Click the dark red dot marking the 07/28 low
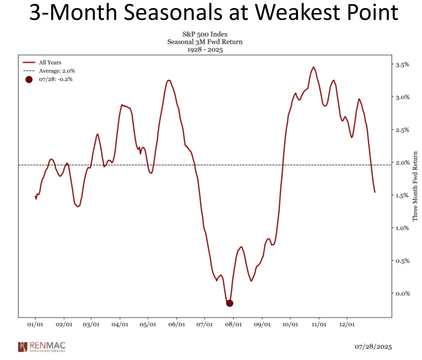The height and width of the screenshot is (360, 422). pyautogui.click(x=230, y=303)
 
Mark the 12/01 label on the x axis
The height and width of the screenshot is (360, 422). pyautogui.click(x=347, y=324)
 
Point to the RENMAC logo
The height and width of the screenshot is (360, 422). pyautogui.click(x=42, y=347)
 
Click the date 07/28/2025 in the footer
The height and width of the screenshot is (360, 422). pyautogui.click(x=373, y=347)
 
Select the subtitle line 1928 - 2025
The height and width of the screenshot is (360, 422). pyautogui.click(x=205, y=49)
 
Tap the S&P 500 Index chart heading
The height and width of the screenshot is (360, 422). pyautogui.click(x=205, y=35)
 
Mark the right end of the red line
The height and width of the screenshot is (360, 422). pyautogui.click(x=375, y=192)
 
